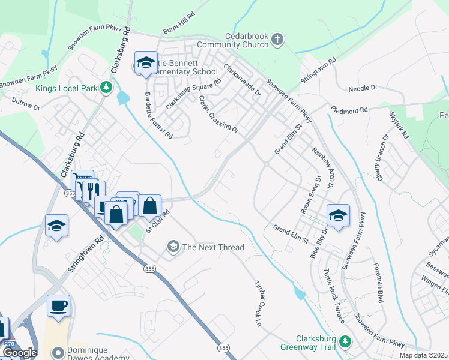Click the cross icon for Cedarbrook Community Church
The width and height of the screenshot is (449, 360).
click(x=277, y=40)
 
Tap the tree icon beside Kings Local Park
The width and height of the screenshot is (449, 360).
click(x=106, y=88)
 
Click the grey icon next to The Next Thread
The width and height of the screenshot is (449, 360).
click(x=173, y=247)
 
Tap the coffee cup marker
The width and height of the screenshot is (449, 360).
click(x=58, y=305)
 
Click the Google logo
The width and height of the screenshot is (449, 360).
click(x=19, y=353)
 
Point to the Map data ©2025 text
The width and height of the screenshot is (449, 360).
click(x=423, y=355)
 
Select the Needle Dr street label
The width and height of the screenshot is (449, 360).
click(x=363, y=88)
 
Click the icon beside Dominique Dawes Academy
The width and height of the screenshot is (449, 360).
click(x=58, y=353)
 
